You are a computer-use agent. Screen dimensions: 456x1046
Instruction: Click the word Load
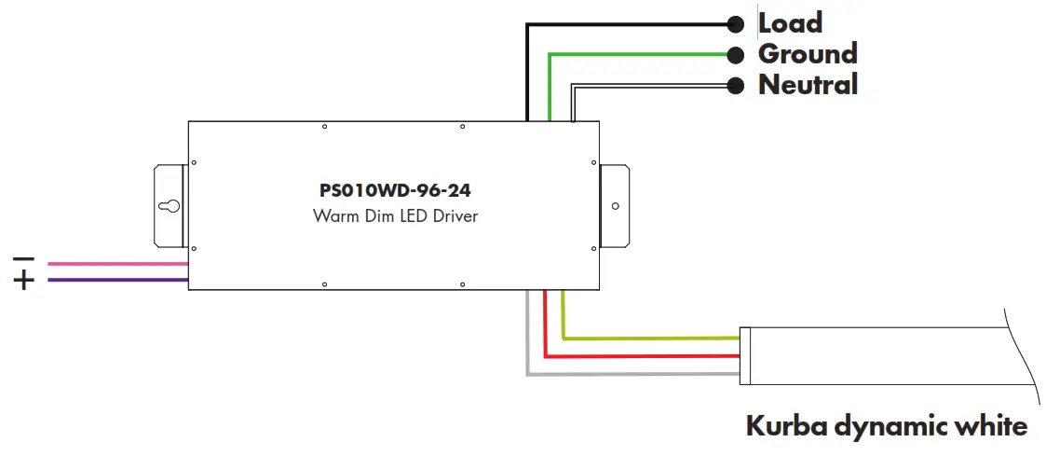[x=790, y=22]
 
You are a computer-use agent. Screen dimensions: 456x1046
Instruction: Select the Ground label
[x=807, y=53]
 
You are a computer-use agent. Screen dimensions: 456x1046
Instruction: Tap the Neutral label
[x=808, y=85]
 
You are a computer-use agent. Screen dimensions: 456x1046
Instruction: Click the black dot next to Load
[x=736, y=24]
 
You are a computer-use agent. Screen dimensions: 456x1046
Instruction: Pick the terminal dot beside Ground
[x=736, y=54]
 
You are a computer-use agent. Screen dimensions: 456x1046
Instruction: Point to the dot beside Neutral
[x=736, y=86]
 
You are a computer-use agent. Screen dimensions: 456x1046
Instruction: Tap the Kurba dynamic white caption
[x=886, y=426]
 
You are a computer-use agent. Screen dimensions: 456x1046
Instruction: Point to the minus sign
[x=24, y=258]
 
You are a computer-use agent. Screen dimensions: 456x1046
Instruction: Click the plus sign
[x=24, y=280]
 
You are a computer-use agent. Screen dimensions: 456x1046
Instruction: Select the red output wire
[x=643, y=355]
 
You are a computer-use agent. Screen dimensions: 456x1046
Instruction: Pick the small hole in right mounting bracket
[x=614, y=206]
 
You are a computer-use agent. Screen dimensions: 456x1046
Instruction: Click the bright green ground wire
[x=643, y=54]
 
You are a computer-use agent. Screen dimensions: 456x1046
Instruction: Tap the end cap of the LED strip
[x=744, y=355]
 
